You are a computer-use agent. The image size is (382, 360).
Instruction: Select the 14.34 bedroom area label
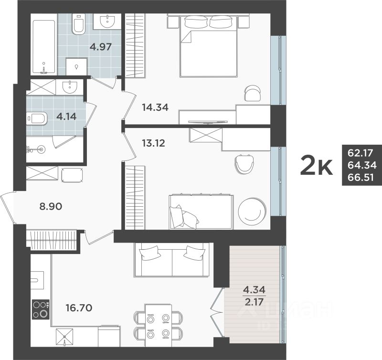pyautogui.click(x=155, y=107)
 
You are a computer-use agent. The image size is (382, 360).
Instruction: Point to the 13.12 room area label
pyautogui.click(x=153, y=142)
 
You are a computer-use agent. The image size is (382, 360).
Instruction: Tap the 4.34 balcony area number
pyautogui.click(x=254, y=290)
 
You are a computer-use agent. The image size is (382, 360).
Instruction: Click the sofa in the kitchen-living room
pyautogui.click(x=172, y=260)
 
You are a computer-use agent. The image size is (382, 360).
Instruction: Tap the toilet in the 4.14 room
pyautogui.click(x=37, y=117)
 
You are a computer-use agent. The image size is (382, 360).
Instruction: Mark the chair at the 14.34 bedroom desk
pyautogui.click(x=253, y=93)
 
